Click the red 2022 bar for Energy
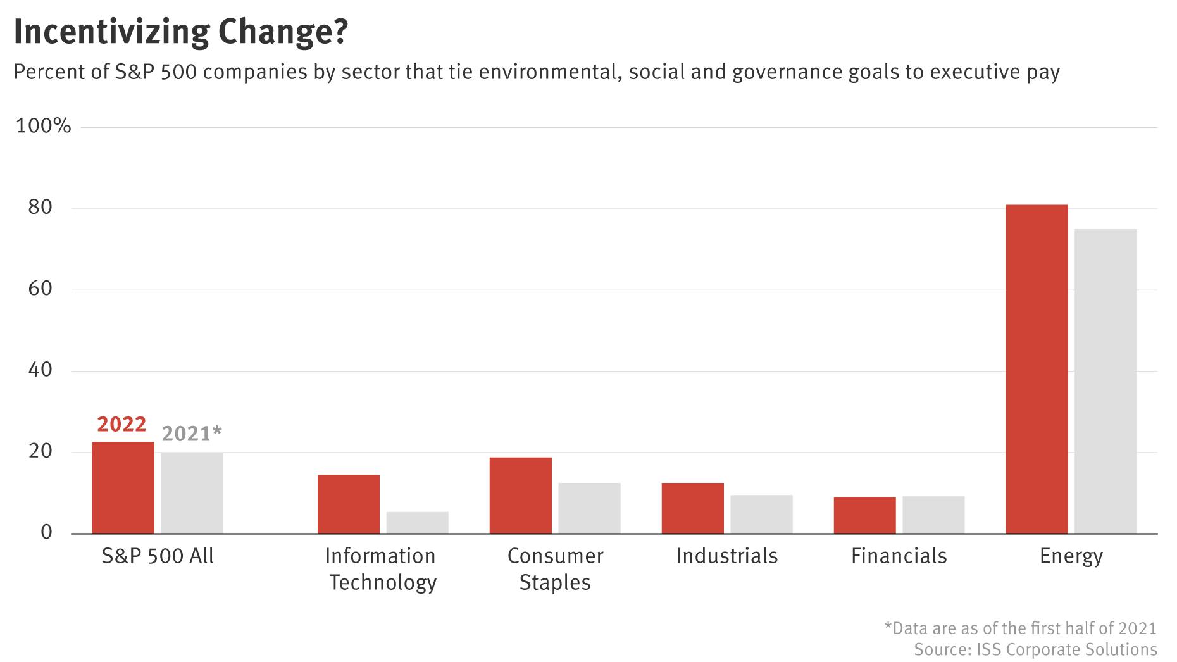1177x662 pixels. (x=1036, y=369)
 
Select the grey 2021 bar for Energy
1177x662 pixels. (x=1105, y=381)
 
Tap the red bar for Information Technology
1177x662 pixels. (x=348, y=504)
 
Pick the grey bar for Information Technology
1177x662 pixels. (x=417, y=523)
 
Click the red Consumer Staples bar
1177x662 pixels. (x=520, y=496)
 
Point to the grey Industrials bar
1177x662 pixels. (x=761, y=514)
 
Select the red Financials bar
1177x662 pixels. (x=864, y=515)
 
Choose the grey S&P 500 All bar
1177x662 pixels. (x=192, y=493)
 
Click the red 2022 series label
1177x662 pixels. (x=121, y=424)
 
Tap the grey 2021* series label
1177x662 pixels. (x=192, y=434)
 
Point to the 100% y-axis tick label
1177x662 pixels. (x=43, y=126)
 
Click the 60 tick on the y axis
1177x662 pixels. (x=40, y=289)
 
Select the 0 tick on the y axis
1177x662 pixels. (x=46, y=532)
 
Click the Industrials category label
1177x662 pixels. (x=726, y=556)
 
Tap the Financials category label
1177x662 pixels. (x=899, y=556)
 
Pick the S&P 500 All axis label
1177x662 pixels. (x=158, y=556)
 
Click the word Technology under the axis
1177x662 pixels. (x=383, y=582)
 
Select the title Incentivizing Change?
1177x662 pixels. (x=181, y=32)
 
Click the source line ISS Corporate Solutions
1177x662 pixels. (x=1035, y=649)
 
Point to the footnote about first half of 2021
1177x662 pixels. (x=1020, y=628)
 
